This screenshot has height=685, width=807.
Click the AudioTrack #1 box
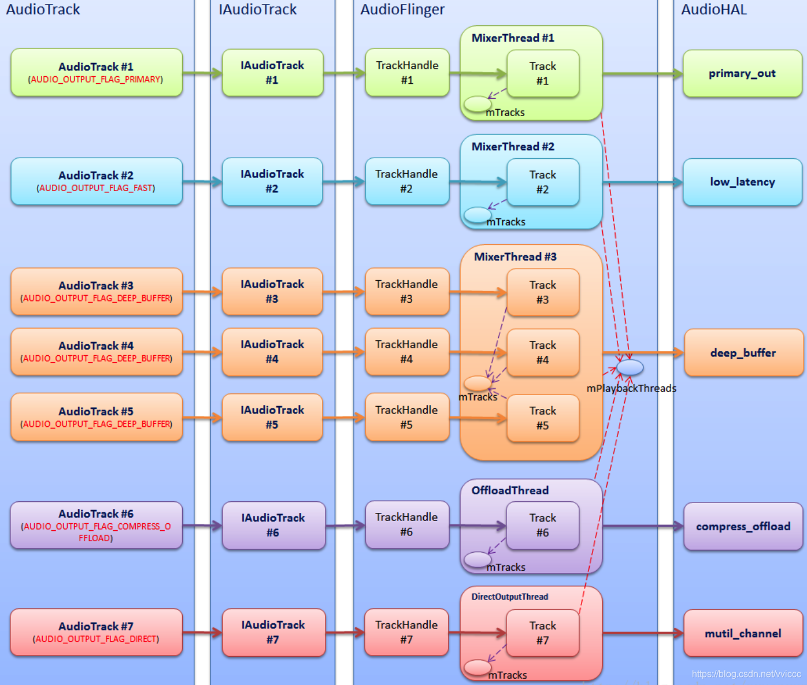pyautogui.click(x=97, y=72)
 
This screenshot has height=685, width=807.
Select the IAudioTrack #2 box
pyautogui.click(x=272, y=181)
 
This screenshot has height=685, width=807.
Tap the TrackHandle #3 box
pyautogui.click(x=407, y=292)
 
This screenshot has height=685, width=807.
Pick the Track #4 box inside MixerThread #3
pyautogui.click(x=543, y=352)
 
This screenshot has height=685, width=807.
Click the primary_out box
pyautogui.click(x=742, y=73)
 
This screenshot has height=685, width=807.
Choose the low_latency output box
pyautogui.click(x=742, y=182)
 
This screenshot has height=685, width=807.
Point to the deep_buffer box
pyautogui.click(x=743, y=353)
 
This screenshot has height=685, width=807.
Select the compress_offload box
pyautogui.click(x=743, y=526)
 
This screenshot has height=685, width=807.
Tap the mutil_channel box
pyautogui.click(x=743, y=634)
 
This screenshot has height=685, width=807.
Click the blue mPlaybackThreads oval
pyautogui.click(x=630, y=367)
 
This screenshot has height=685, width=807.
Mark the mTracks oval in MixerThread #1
pyautogui.click(x=477, y=104)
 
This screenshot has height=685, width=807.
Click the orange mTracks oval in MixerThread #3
pyautogui.click(x=477, y=383)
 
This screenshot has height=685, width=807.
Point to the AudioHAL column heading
pyautogui.click(x=714, y=10)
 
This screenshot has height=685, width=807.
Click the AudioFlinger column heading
pyautogui.click(x=402, y=10)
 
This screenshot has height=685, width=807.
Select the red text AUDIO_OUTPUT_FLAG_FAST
pyautogui.click(x=96, y=188)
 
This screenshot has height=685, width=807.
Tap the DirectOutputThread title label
pyautogui.click(x=509, y=597)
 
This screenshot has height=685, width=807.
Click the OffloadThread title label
pyautogui.click(x=510, y=490)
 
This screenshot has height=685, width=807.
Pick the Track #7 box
pyautogui.click(x=542, y=633)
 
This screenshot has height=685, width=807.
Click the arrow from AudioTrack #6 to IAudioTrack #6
pyautogui.click(x=202, y=526)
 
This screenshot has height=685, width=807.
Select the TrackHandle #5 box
pyautogui.click(x=407, y=417)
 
